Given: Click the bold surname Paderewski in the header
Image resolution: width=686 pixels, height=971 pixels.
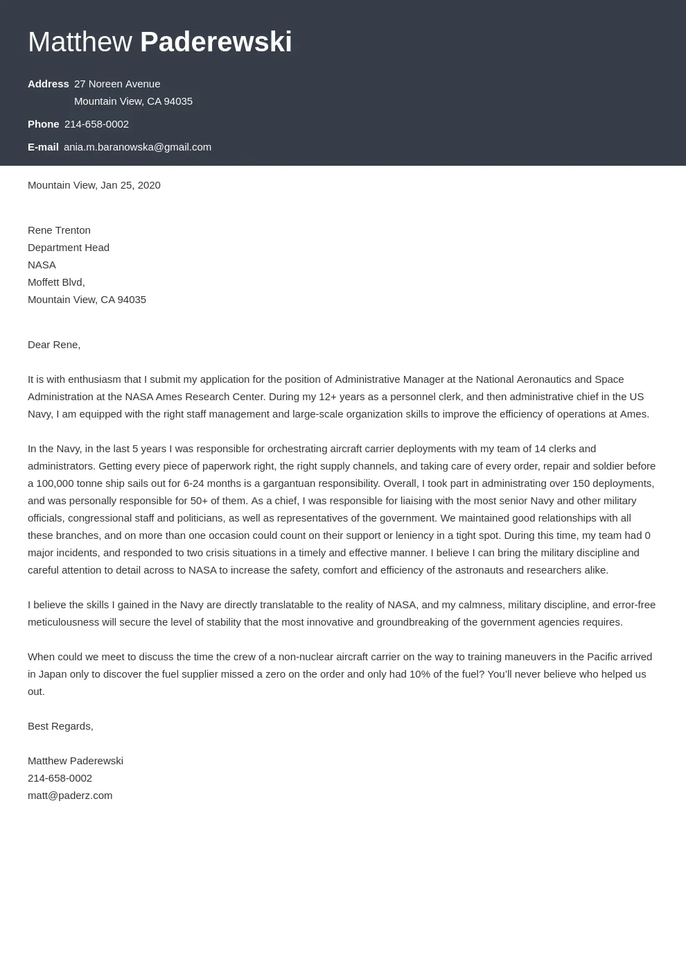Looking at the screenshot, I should point(216,42).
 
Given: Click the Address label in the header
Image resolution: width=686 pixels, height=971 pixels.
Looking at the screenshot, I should point(48,84).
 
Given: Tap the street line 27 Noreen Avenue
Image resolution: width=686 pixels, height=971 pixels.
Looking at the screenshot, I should point(117,84).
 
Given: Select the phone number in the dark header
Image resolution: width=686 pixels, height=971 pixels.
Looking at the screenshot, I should point(96,124).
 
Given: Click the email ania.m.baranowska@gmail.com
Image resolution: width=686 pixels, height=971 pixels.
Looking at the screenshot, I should point(137,147).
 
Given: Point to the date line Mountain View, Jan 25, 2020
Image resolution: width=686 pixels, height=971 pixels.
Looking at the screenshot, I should point(94,185).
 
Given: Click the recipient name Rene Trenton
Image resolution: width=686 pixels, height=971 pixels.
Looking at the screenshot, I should point(59,230).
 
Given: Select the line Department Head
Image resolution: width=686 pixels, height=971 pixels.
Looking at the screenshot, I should point(69,248).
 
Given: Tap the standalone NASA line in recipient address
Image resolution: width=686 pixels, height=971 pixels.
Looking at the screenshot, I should point(42,265).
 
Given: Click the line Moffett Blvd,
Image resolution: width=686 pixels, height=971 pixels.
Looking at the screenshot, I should point(56,282).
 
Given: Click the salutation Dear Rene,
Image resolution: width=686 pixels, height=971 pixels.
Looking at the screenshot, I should point(54,345).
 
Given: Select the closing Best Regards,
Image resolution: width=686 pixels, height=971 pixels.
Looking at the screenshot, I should point(60,726).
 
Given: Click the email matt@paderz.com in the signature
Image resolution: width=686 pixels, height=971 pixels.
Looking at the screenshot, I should point(70,796).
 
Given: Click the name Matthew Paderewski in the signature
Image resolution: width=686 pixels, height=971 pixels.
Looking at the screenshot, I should point(76,761).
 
